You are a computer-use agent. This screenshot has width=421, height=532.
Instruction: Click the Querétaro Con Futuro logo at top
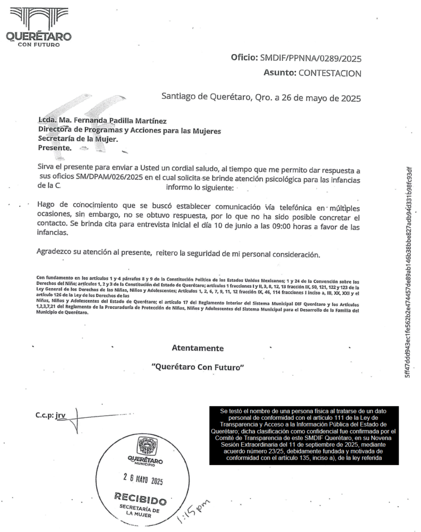(x=38, y=26)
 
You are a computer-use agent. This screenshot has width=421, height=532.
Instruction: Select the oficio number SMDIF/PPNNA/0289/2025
(x=311, y=58)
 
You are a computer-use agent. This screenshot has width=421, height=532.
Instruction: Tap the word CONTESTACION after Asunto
(x=329, y=73)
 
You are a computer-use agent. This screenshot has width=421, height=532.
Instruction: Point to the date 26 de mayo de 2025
(x=323, y=97)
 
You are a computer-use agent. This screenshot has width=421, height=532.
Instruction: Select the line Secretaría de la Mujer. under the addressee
(x=78, y=139)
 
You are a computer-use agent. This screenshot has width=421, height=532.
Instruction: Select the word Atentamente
(x=197, y=348)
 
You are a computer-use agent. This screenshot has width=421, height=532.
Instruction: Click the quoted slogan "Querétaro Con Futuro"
(x=197, y=367)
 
